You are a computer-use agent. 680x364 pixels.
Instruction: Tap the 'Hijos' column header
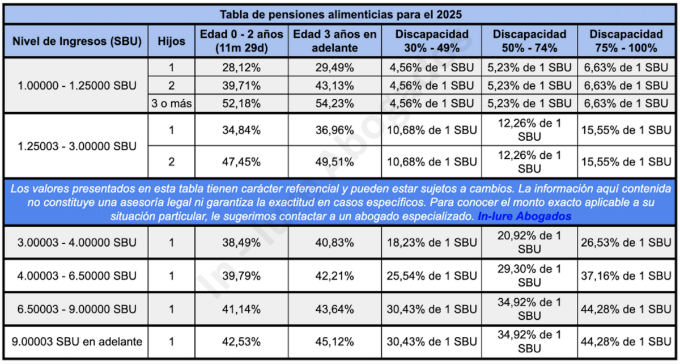pyautogui.click(x=171, y=41)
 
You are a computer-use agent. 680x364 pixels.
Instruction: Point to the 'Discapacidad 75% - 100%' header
pyautogui.click(x=626, y=41)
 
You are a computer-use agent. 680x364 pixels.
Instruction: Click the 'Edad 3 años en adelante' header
pyautogui.click(x=335, y=41)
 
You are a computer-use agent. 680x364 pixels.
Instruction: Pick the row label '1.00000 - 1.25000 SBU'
pyautogui.click(x=75, y=86)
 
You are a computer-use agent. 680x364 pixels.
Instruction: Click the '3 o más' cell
pyautogui.click(x=171, y=104)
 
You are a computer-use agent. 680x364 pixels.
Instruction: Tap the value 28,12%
pyautogui.click(x=241, y=67)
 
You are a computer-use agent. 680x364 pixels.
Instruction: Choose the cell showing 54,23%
pyautogui.click(x=335, y=104)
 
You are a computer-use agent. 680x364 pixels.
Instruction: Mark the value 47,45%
pyautogui.click(x=241, y=162)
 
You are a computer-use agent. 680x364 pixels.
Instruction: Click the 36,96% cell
pyautogui.click(x=335, y=130)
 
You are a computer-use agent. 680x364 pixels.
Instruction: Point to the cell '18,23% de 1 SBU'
pyautogui.click(x=432, y=243)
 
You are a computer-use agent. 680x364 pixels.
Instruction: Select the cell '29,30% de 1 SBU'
pyautogui.click(x=529, y=276)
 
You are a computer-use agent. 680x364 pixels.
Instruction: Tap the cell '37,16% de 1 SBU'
pyautogui.click(x=626, y=276)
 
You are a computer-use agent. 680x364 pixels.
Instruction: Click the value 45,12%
pyautogui.click(x=335, y=342)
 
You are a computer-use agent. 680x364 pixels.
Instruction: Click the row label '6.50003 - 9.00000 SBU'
pyautogui.click(x=75, y=309)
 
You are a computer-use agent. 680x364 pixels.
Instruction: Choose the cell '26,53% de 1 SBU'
pyautogui.click(x=626, y=243)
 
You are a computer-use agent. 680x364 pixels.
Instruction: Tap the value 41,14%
pyautogui.click(x=241, y=309)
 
